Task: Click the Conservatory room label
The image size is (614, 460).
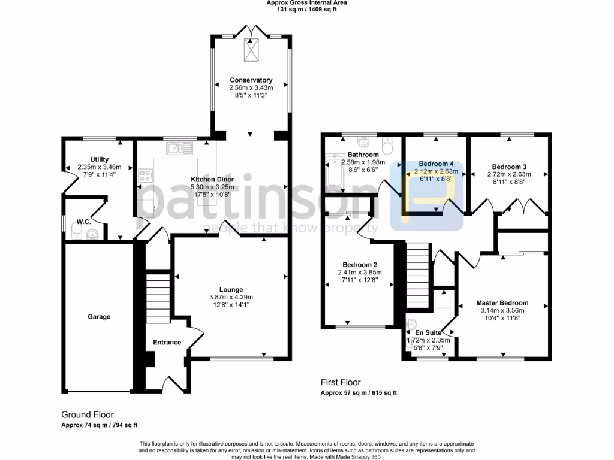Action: click(x=251, y=80)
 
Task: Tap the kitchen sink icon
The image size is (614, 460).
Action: click(x=179, y=147)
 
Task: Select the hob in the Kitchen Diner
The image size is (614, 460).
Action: click(x=146, y=175)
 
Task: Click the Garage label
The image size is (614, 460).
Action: click(x=99, y=317)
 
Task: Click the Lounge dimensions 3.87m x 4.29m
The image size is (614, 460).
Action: click(x=231, y=297)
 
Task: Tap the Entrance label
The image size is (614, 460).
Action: click(x=167, y=343)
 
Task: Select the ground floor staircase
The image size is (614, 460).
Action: click(x=159, y=296)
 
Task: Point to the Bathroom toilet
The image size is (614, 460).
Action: click(x=388, y=146)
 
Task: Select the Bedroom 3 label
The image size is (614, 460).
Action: click(x=509, y=167)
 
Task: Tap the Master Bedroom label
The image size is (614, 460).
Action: click(x=502, y=303)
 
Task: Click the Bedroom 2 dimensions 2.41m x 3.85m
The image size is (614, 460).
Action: click(x=360, y=273)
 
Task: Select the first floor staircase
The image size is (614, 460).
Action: click(x=418, y=273)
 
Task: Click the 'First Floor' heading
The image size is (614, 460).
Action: click(x=340, y=383)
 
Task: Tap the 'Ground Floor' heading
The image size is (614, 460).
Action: click(x=88, y=414)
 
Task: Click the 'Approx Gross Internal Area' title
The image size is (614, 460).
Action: click(x=306, y=2)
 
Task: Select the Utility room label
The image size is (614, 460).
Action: click(x=99, y=159)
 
